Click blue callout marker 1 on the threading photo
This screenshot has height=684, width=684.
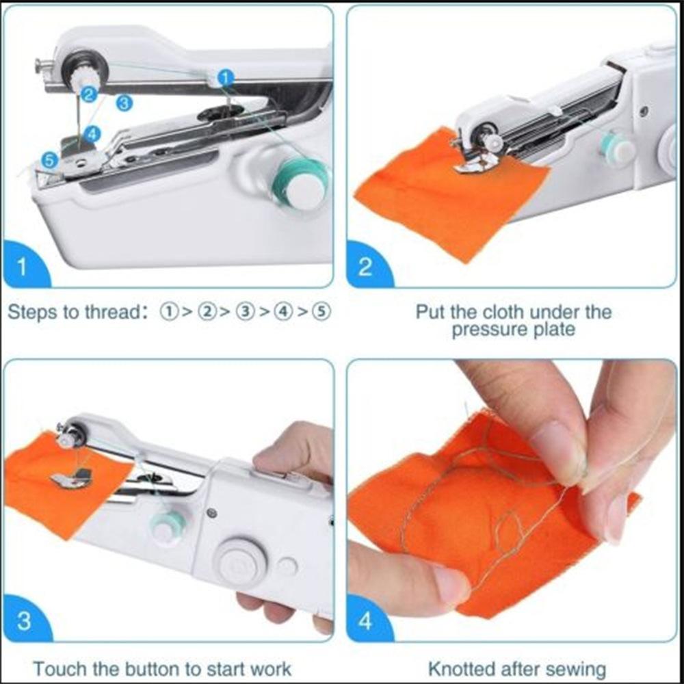click(226, 78)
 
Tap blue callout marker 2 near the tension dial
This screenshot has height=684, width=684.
click(89, 94)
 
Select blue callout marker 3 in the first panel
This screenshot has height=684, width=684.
click(124, 103)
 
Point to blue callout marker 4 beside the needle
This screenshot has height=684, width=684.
click(92, 134)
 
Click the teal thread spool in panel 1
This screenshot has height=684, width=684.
click(301, 183)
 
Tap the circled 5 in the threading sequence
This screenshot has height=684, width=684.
click(322, 312)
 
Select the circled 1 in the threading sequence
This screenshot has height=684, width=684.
click(169, 312)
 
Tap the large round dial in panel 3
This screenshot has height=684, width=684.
click(242, 562)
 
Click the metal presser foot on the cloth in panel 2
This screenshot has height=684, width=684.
click(476, 163)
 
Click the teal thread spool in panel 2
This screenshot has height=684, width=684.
click(615, 148)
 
